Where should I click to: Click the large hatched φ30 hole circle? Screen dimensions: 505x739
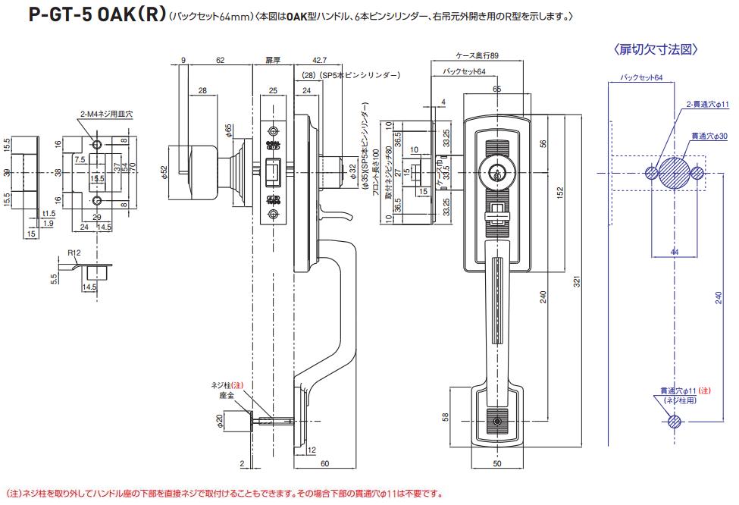coord(674,174)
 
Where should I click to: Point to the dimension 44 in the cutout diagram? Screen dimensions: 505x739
coord(674,251)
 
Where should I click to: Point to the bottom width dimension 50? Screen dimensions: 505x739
coord(496,463)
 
